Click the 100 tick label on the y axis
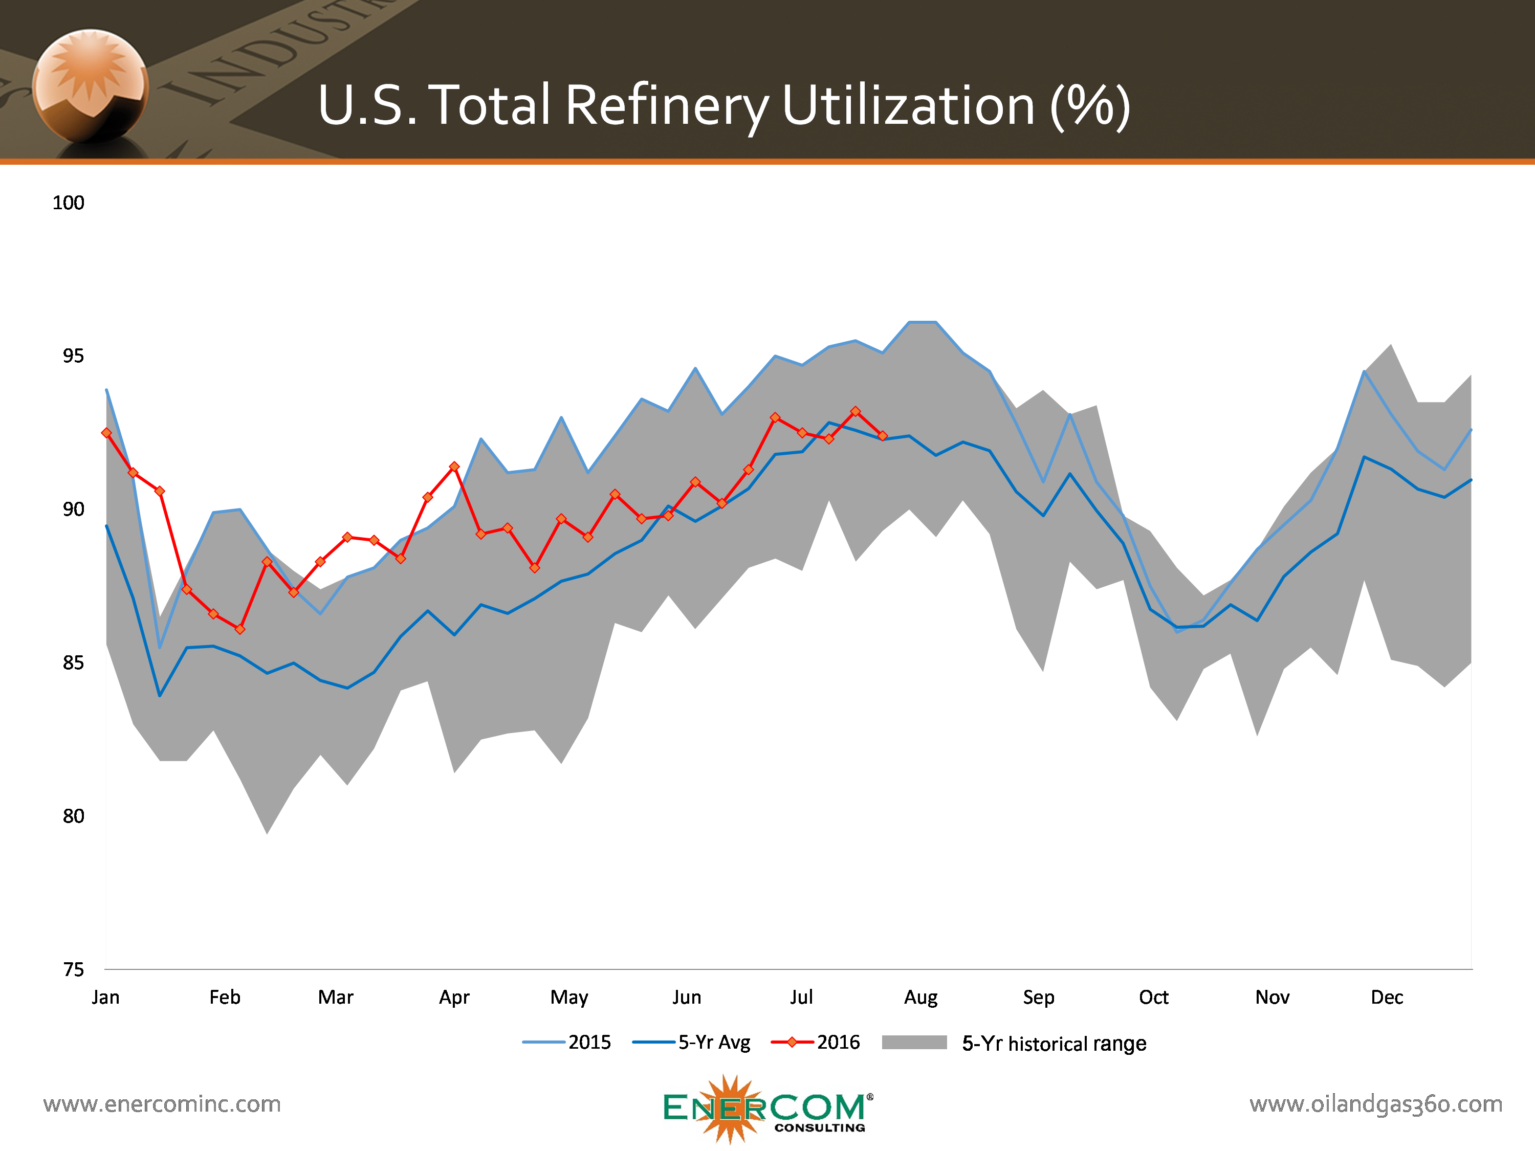[68, 203]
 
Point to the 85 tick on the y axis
[73, 662]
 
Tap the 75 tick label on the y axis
[73, 969]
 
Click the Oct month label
[1153, 997]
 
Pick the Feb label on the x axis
[225, 997]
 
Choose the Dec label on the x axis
[1387, 997]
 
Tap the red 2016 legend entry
[816, 1042]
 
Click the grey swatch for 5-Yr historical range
[914, 1042]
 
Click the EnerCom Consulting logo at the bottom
[768, 1109]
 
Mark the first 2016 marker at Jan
[106, 433]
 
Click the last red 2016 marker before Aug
[883, 436]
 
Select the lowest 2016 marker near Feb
[240, 629]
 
